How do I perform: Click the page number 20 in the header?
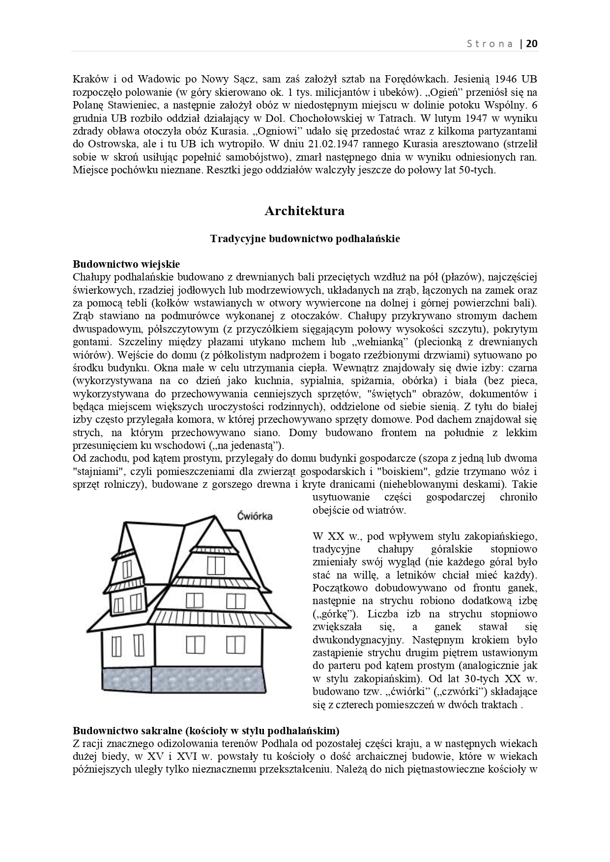(x=532, y=44)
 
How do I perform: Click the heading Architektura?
(x=304, y=211)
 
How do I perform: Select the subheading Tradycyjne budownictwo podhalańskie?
(x=305, y=239)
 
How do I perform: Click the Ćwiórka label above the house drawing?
(x=255, y=516)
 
